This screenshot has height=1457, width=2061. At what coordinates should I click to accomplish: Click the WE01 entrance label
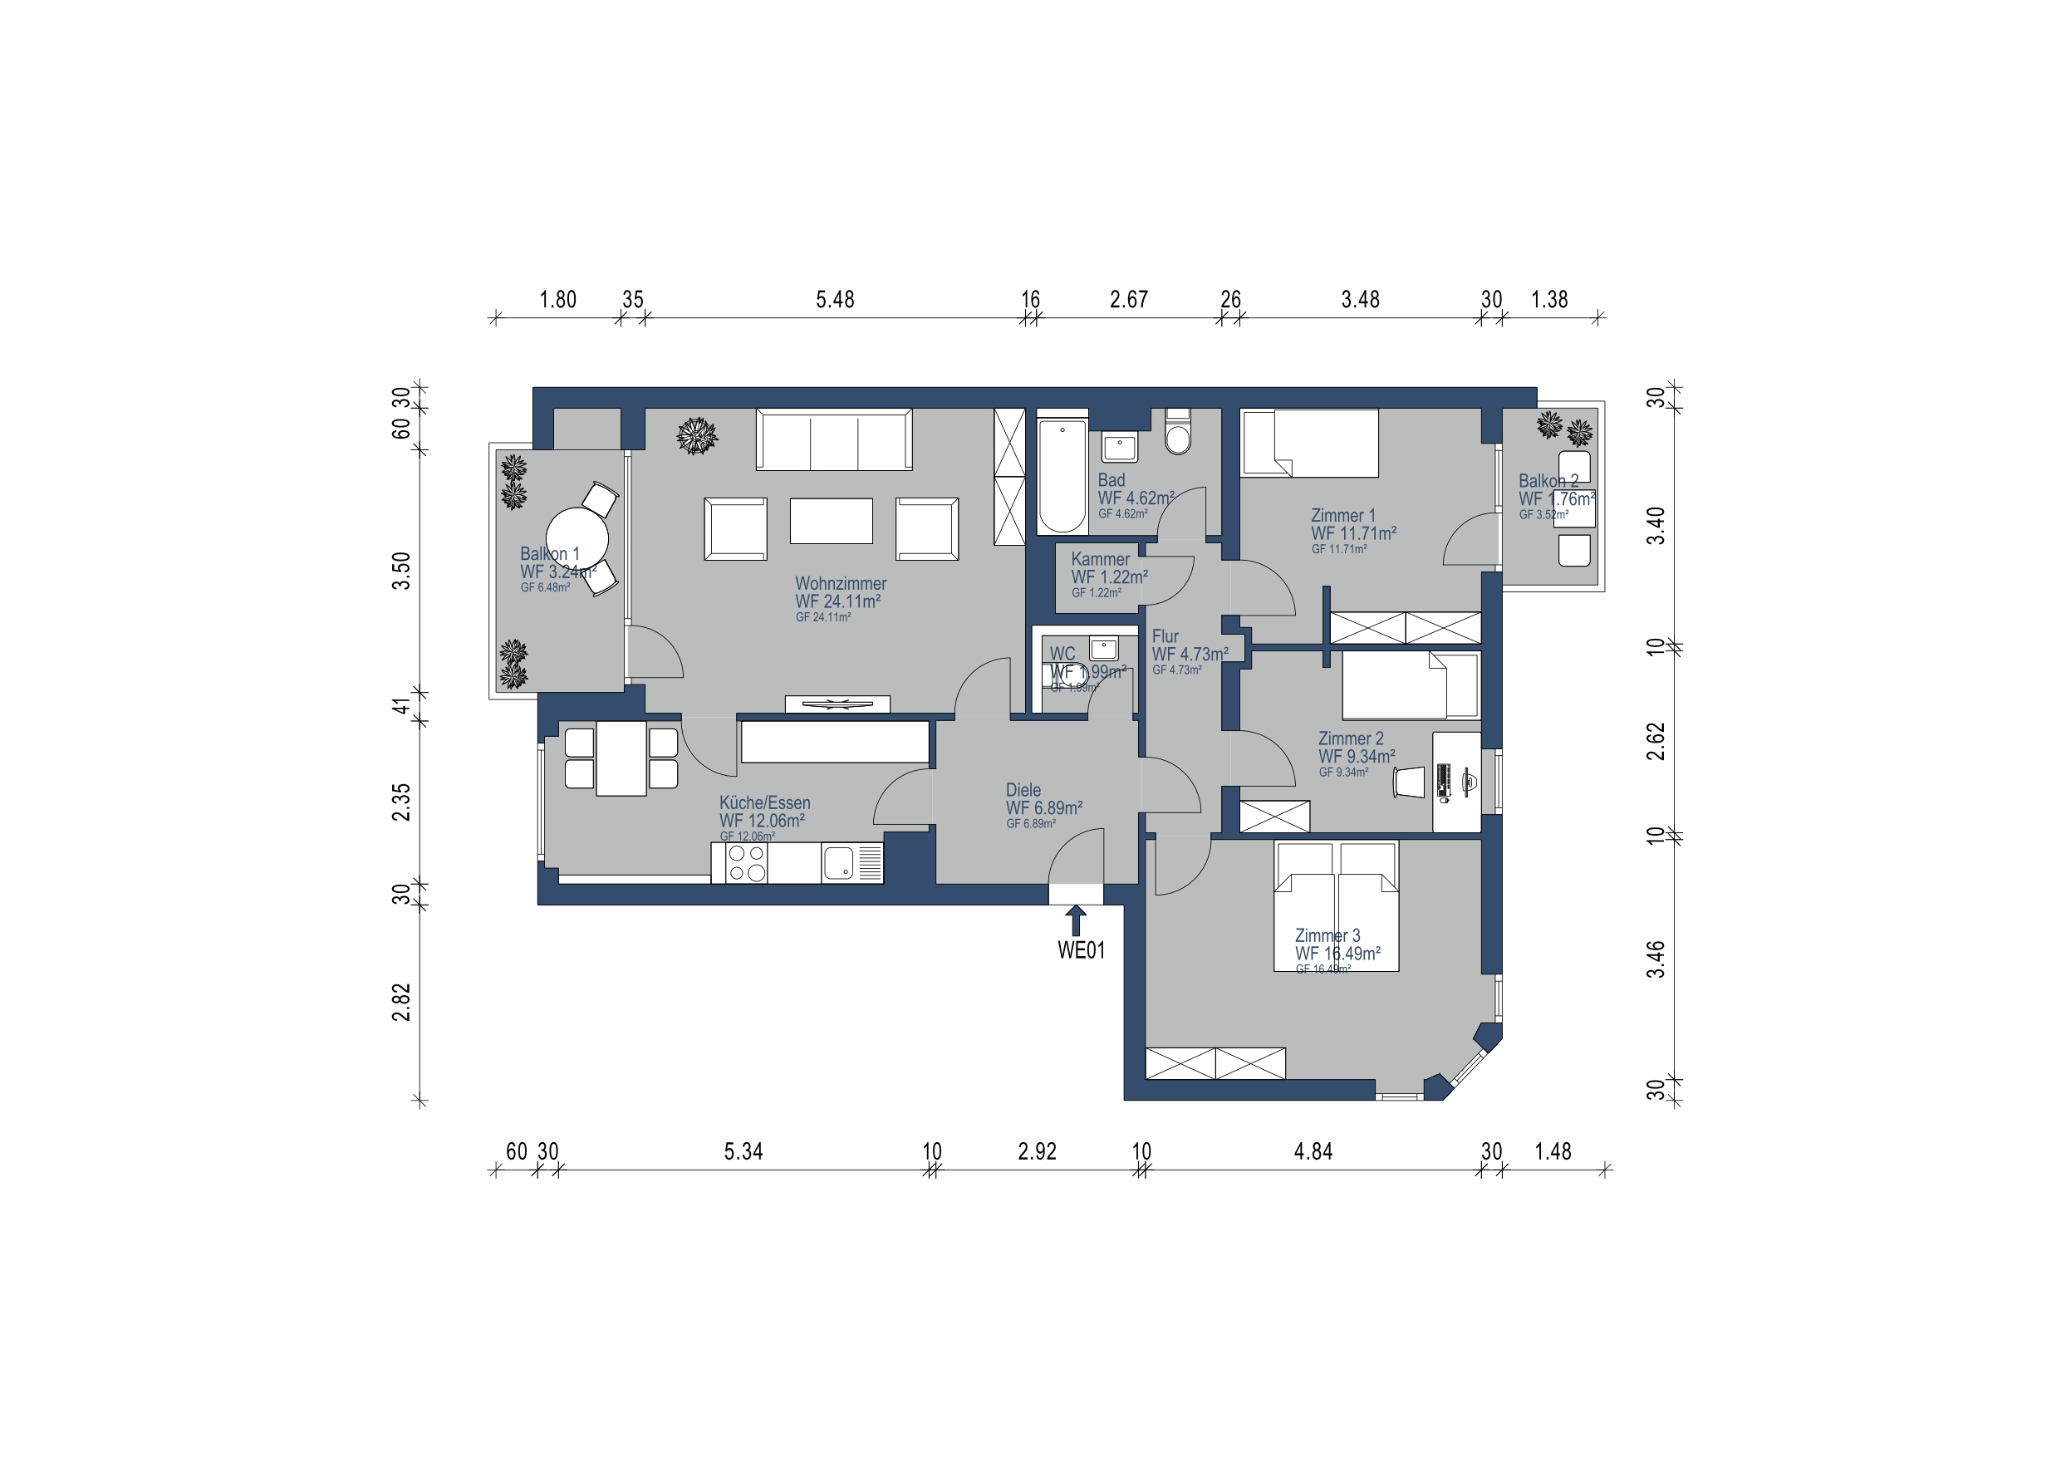tap(1081, 949)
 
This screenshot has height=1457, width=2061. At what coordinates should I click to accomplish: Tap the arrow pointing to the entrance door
tap(1076, 920)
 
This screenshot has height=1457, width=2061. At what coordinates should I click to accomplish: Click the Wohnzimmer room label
tap(840, 583)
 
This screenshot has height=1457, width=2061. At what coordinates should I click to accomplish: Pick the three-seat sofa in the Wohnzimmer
tap(834, 440)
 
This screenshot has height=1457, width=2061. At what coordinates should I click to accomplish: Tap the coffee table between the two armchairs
tap(832, 521)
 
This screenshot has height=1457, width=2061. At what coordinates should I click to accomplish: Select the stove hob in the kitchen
tap(746, 863)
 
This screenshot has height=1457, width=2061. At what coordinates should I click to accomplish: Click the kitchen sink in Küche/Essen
tap(839, 864)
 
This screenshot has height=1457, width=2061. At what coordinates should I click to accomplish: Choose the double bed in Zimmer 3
tap(1336, 907)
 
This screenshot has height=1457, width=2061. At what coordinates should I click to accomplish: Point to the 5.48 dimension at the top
tap(835, 300)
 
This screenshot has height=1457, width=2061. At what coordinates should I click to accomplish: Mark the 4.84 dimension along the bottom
tap(1313, 1152)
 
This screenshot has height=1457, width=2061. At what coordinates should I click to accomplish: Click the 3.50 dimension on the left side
tap(401, 571)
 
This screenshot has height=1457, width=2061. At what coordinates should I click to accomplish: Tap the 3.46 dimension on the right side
tap(1656, 959)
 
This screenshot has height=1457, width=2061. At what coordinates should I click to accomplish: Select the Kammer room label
tap(1100, 559)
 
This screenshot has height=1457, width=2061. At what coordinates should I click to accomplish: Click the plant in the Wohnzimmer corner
tap(697, 436)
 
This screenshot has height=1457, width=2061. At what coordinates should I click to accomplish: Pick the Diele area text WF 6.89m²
tap(1044, 808)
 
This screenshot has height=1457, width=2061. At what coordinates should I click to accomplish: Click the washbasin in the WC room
tap(1103, 648)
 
